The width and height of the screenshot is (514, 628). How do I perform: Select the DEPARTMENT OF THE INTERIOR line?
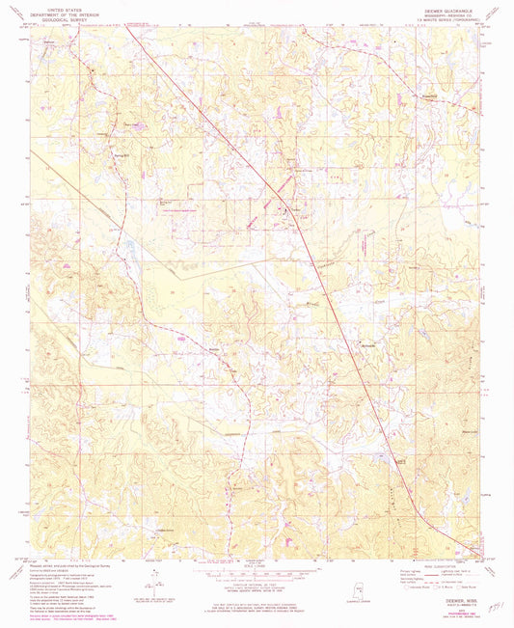62,12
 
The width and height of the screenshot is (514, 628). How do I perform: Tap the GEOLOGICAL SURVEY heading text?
62,16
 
